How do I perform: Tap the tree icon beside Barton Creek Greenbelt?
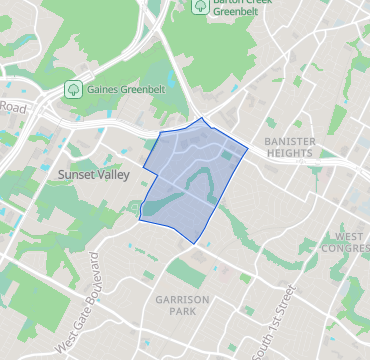200,5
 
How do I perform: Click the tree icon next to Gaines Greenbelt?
73,88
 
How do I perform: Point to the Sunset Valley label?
88,173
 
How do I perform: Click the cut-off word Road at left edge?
12,106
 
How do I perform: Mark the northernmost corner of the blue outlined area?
204,118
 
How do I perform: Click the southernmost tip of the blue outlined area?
194,243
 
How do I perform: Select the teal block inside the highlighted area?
226,156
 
